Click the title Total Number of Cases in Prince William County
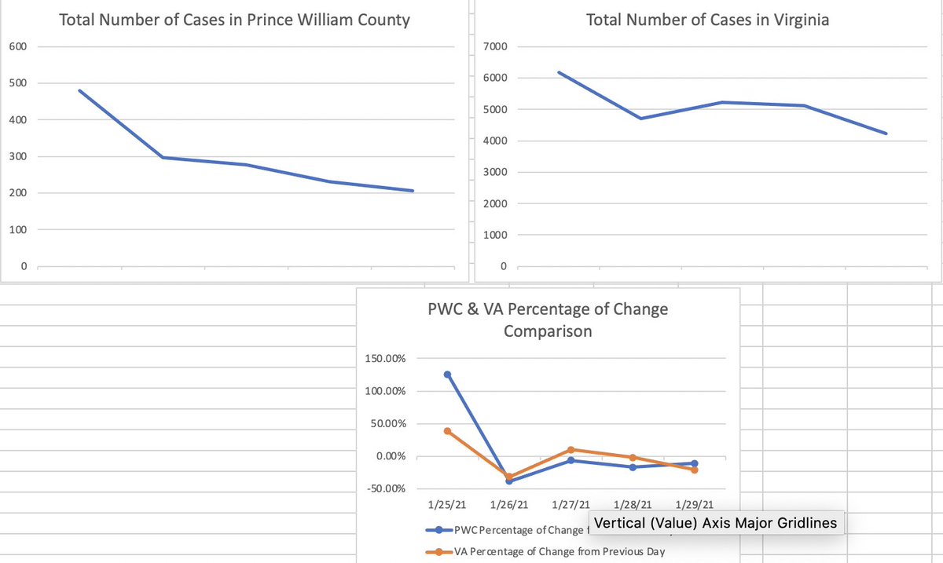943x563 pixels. click(x=234, y=20)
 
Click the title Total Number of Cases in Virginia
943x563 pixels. click(x=707, y=20)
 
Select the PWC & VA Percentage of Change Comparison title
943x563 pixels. click(x=547, y=320)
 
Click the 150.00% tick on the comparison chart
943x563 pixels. click(x=385, y=359)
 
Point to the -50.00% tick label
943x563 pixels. click(x=385, y=488)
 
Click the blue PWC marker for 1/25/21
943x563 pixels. click(x=448, y=375)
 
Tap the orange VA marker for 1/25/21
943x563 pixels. click(x=448, y=431)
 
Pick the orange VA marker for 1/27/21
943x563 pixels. click(x=571, y=450)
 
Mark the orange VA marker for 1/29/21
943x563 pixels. click(x=695, y=470)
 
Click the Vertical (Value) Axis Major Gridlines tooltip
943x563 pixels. click(x=715, y=523)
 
